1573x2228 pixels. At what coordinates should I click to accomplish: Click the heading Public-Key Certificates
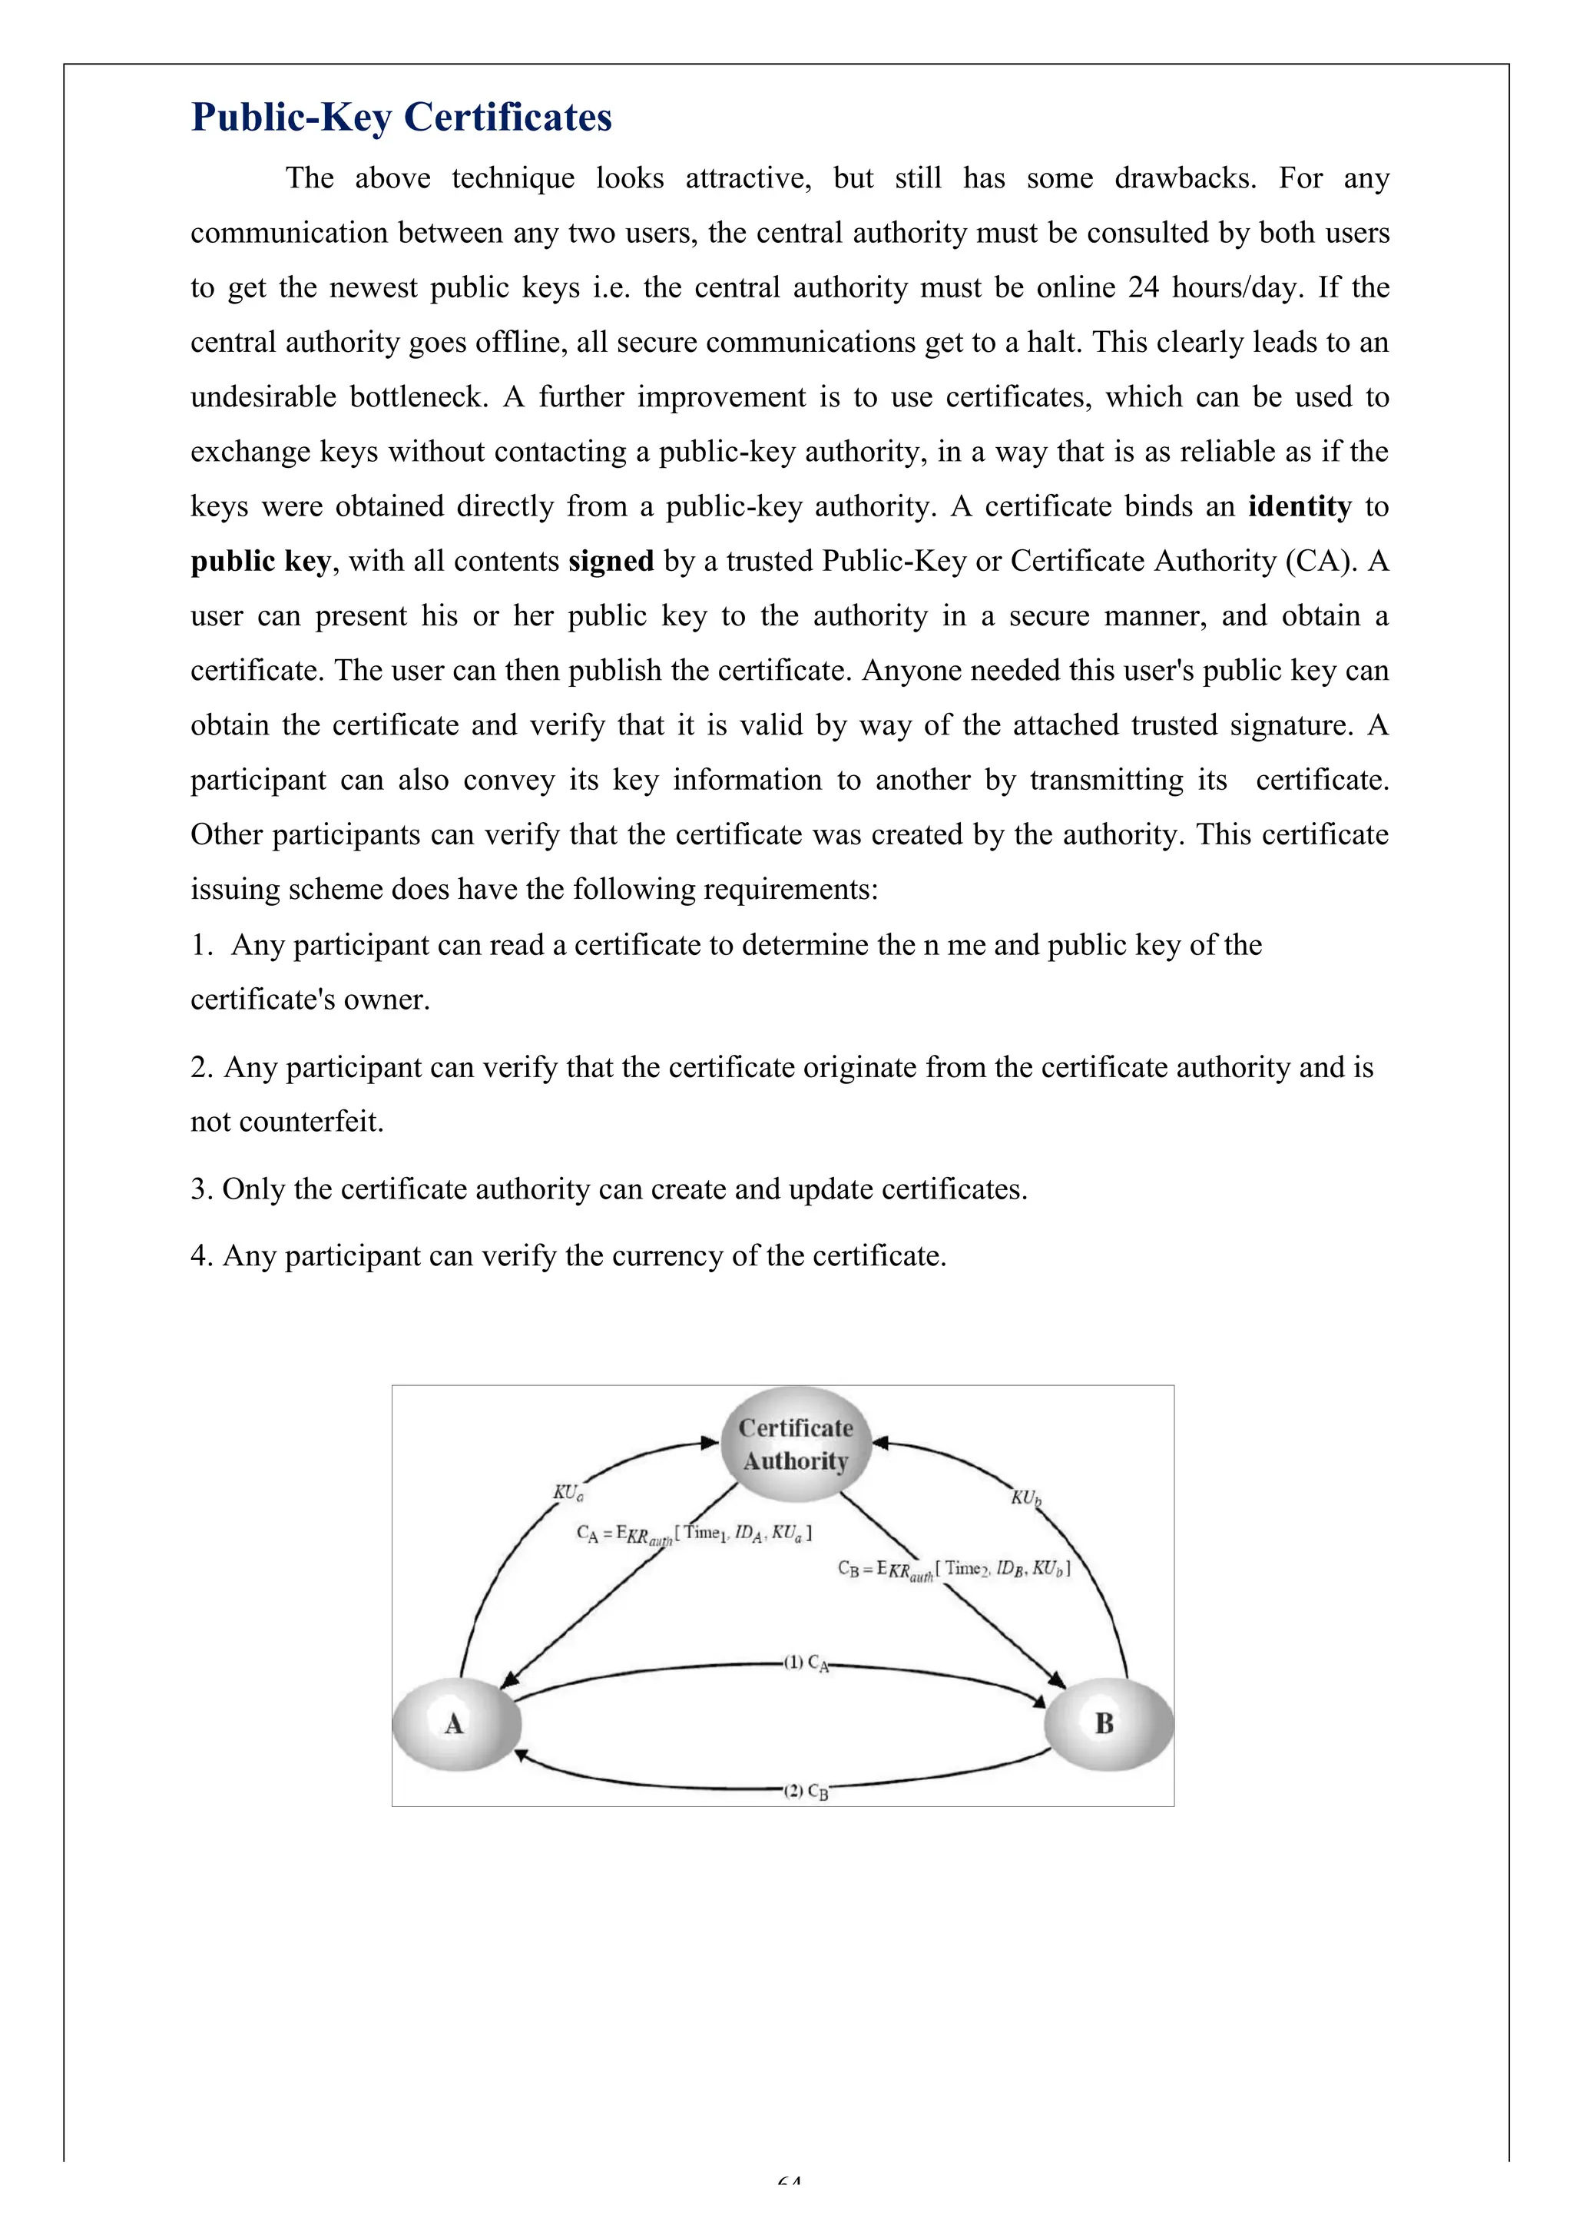click(401, 117)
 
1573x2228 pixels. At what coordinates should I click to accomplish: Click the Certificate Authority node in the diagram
click(795, 1444)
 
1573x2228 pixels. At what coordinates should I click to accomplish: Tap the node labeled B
click(1106, 1724)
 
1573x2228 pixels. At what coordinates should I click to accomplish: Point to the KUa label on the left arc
click(568, 1493)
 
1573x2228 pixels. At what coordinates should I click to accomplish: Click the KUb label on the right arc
click(1025, 1497)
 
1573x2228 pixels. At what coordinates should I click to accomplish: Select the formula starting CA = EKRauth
click(694, 1534)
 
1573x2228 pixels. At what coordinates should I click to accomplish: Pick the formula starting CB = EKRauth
click(953, 1569)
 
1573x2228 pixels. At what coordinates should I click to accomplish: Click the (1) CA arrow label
click(806, 1663)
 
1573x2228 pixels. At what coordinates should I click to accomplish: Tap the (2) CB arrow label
click(806, 1792)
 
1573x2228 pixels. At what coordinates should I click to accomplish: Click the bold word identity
click(1300, 506)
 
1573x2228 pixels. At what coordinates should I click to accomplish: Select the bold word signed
click(611, 561)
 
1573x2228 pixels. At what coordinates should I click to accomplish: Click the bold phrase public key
click(260, 562)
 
